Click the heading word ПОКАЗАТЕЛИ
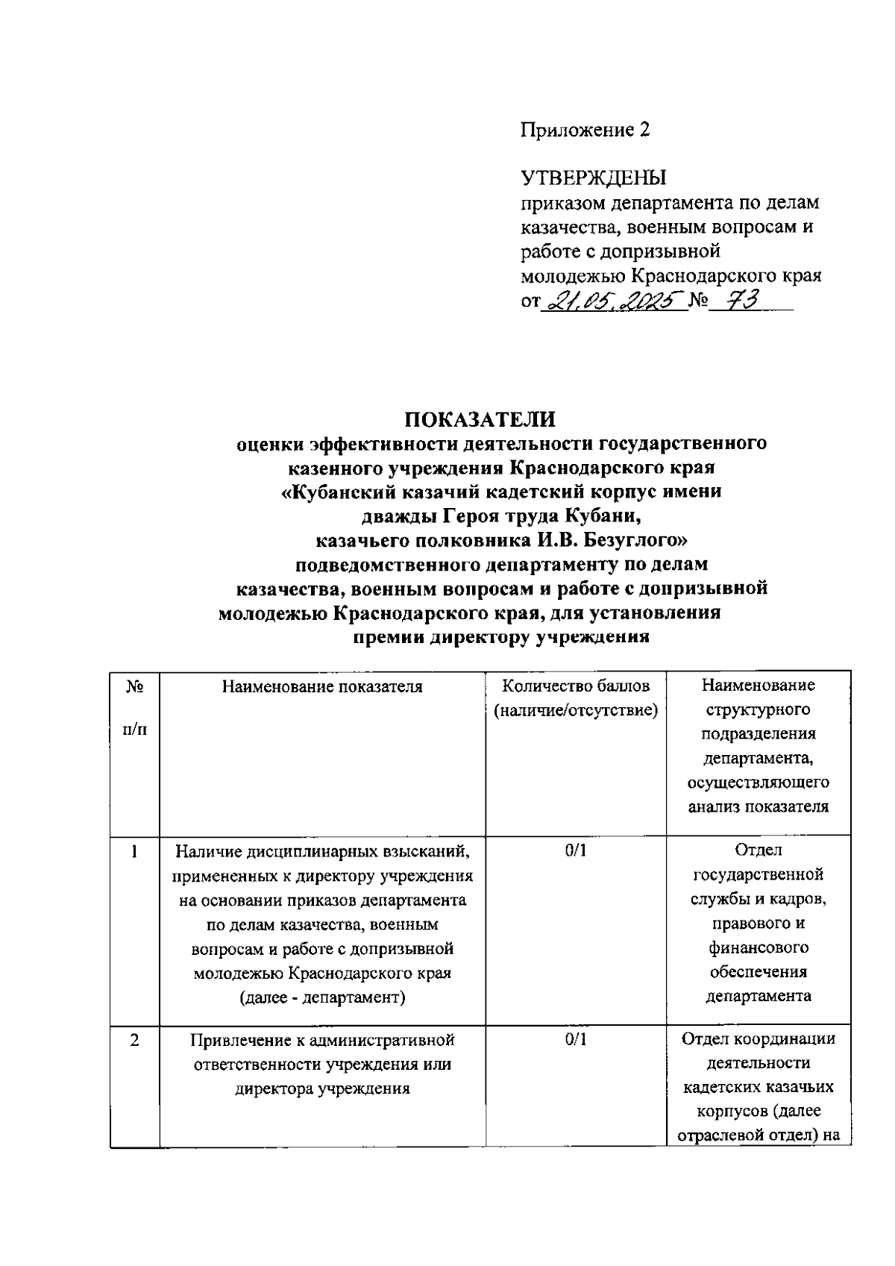[480, 418]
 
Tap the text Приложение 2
[585, 130]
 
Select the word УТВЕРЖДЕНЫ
[593, 178]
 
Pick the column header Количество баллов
[575, 686]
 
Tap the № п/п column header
[134, 706]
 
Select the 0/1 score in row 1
[575, 850]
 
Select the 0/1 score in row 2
[575, 1038]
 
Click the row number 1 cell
[134, 850]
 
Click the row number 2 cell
[134, 1038]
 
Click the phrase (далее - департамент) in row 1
[322, 997]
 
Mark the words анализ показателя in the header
[758, 806]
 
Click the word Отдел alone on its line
[758, 850]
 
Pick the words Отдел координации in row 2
[758, 1038]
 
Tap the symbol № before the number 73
[698, 302]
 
